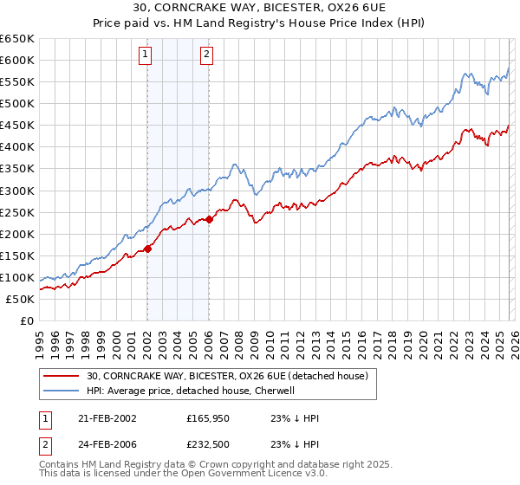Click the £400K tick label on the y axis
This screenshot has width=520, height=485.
(17, 147)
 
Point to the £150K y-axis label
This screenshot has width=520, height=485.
(17, 255)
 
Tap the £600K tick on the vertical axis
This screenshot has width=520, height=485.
(17, 61)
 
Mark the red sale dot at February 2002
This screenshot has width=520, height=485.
(147, 249)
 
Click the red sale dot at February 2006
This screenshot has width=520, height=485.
(209, 219)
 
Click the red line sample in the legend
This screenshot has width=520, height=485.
(62, 376)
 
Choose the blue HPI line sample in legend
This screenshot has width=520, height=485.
(62, 391)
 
